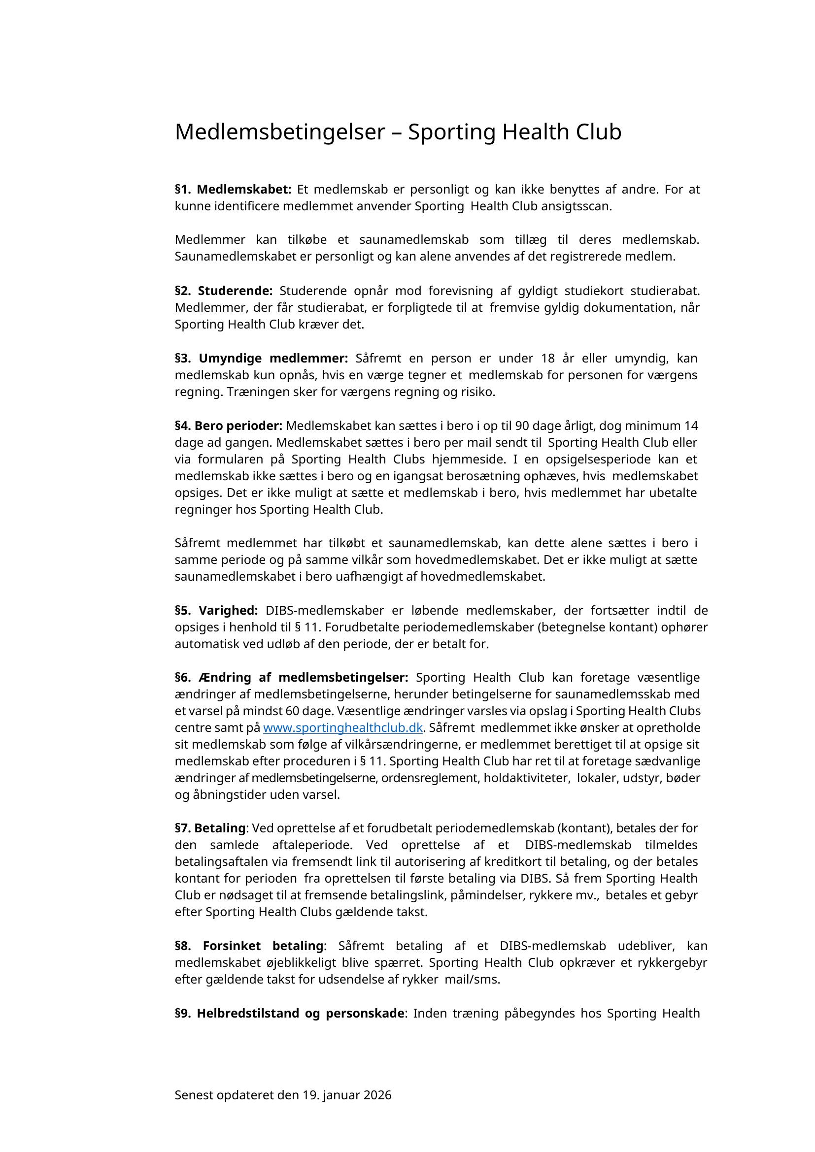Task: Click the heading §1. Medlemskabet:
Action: [x=233, y=190]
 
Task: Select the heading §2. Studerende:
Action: [x=224, y=291]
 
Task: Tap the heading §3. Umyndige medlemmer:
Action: [x=261, y=358]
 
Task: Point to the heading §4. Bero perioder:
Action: [x=228, y=426]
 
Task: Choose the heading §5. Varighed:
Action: [x=216, y=611]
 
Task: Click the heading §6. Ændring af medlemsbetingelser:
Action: [x=291, y=678]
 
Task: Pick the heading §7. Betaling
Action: [x=210, y=828]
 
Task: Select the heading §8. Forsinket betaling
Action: [x=249, y=946]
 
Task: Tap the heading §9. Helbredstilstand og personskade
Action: [x=289, y=1014]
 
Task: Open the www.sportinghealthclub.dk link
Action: [x=342, y=728]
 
